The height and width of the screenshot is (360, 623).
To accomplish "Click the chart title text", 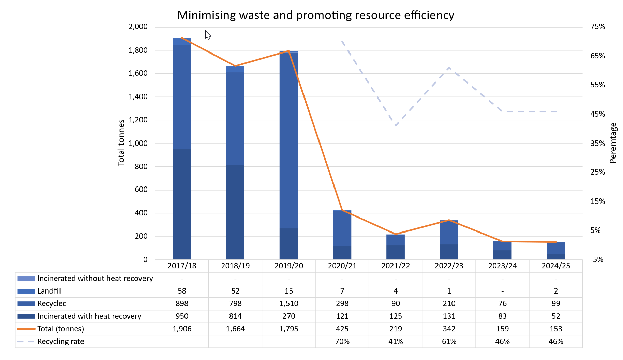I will pos(315,15).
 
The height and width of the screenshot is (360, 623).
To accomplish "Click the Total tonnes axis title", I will pos(121,143).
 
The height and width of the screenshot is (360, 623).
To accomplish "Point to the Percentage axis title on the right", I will pos(613,143).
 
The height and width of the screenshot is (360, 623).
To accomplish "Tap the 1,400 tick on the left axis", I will pos(138,97).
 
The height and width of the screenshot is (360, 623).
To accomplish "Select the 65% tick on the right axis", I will pos(597,56).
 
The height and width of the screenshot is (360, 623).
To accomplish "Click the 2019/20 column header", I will pos(288,266).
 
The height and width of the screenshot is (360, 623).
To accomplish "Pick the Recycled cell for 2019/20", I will pos(288,304).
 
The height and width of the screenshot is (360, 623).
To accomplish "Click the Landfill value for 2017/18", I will pos(182,291).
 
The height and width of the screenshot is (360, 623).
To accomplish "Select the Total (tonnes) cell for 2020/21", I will pos(342,329).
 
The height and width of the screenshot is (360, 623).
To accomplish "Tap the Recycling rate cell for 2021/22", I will pos(396,342).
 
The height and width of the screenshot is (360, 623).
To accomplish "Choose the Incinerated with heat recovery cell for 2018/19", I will pos(235,316).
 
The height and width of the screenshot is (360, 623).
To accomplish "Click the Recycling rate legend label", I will pos(61,342).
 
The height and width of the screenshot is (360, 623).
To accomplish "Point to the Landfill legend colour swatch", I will pos(26,291).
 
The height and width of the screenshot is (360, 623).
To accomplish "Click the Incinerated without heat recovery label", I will pos(95,279).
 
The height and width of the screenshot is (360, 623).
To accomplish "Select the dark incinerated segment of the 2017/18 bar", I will pos(182,205).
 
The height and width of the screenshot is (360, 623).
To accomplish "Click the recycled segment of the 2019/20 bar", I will pos(288,140).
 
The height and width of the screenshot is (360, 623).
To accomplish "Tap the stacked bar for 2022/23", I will pos(449,239).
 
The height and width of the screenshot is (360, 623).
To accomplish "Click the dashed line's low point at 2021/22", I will pos(396,126).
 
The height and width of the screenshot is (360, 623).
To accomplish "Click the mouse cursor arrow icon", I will pos(208,35).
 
